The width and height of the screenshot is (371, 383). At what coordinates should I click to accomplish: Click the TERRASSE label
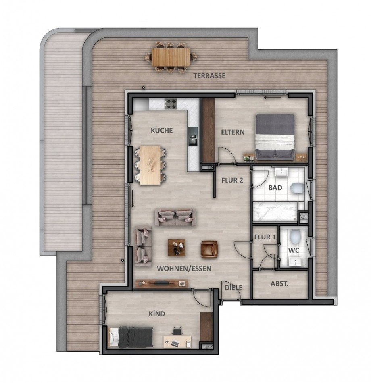pyautogui.click(x=209, y=76)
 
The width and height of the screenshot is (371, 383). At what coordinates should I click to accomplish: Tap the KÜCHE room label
pyautogui.click(x=162, y=130)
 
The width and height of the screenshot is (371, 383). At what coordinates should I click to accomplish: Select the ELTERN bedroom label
pyautogui.click(x=233, y=132)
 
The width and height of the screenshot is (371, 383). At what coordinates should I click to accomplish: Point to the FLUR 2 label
pyautogui.click(x=232, y=180)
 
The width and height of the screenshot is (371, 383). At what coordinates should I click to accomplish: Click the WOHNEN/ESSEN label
pyautogui.click(x=184, y=268)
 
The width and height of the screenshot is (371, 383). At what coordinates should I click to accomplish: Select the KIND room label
pyautogui.click(x=156, y=314)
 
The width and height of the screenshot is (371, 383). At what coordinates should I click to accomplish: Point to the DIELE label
pyautogui.click(x=233, y=287)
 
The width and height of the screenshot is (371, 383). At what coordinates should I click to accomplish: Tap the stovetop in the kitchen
pyautogui.click(x=171, y=104)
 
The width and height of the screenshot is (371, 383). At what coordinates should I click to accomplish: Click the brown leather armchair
pyautogui.click(x=209, y=248)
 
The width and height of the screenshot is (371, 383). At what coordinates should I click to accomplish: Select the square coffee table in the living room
pyautogui.click(x=176, y=248)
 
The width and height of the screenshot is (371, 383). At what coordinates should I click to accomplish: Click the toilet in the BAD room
pyautogui.click(x=298, y=188)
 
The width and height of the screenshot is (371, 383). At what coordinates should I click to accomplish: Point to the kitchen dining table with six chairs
pyautogui.click(x=150, y=165)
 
